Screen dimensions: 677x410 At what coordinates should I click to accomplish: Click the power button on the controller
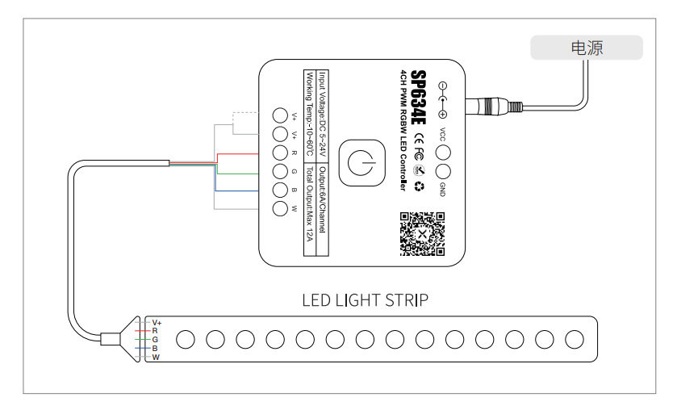361,163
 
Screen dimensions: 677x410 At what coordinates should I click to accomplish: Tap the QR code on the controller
422,234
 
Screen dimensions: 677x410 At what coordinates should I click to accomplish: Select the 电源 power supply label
587,48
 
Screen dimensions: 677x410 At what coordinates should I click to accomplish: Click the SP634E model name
418,97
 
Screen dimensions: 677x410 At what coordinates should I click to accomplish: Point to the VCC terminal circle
443,153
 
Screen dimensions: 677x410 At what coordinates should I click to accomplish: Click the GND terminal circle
443,171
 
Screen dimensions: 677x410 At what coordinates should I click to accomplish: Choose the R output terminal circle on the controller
280,153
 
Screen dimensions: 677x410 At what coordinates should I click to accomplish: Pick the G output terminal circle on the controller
280,171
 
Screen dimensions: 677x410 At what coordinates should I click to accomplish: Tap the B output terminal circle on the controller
280,190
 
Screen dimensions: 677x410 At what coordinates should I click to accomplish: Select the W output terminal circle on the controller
280,208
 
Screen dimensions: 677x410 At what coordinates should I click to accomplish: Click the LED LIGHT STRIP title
366,300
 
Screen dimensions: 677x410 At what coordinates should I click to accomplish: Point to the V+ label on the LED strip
157,323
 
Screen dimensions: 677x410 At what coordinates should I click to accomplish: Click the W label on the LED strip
156,358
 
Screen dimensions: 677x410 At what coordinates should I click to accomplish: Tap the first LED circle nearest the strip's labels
186,340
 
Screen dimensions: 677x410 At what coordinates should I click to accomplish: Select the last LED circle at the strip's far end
575,340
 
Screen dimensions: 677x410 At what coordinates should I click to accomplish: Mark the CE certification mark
419,139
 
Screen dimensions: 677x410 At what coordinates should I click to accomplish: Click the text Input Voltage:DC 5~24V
323,115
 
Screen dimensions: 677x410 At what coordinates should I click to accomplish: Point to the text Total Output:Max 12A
309,204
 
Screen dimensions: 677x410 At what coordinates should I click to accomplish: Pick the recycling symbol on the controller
420,186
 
